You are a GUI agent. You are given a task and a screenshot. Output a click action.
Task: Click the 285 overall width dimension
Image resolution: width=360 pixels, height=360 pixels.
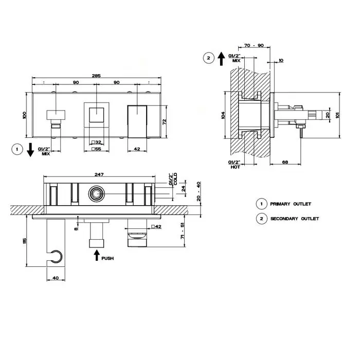96,76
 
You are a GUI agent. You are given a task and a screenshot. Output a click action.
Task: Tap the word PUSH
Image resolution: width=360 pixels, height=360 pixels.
107,258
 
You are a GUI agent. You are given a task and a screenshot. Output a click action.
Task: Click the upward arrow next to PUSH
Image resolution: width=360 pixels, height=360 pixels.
97,255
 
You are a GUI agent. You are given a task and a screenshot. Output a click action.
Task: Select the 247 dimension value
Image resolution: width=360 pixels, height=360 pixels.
99,174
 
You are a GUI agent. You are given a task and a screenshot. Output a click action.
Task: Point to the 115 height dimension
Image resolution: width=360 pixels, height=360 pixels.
25,241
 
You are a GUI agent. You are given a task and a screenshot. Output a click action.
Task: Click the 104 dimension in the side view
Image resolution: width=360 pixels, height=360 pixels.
223,115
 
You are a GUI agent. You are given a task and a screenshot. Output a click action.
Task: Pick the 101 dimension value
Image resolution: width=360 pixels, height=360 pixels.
337,115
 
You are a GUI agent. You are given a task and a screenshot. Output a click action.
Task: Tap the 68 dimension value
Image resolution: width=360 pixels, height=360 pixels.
285,162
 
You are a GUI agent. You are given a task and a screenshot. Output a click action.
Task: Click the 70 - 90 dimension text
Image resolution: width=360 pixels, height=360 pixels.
254,45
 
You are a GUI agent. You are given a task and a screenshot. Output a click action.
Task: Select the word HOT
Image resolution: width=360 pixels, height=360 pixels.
235,167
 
